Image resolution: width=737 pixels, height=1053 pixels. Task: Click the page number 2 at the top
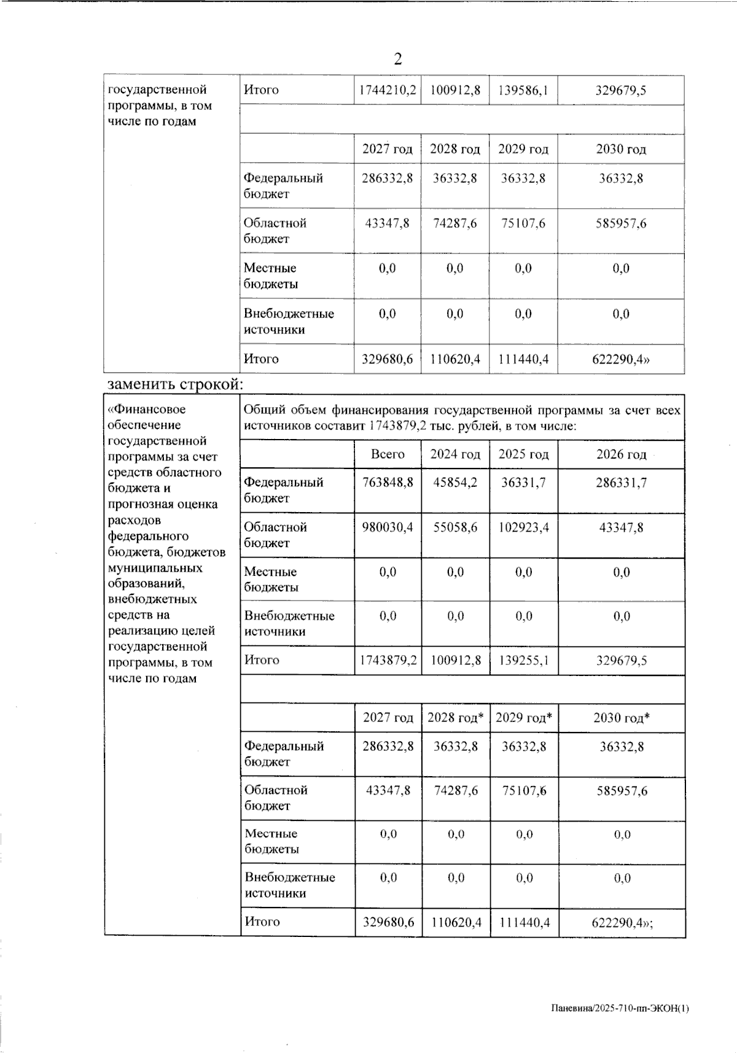tap(398, 59)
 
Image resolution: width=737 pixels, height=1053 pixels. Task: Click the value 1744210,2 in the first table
tap(387, 90)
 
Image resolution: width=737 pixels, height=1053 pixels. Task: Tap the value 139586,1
tap(523, 90)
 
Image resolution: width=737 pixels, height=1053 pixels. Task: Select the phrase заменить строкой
tap(175, 384)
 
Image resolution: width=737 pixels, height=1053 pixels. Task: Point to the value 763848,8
tap(388, 483)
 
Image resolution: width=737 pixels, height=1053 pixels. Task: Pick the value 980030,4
tap(388, 527)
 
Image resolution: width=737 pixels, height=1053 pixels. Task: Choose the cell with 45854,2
tap(455, 483)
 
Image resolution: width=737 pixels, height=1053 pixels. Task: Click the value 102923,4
tap(524, 527)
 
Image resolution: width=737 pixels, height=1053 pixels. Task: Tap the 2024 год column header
tap(455, 454)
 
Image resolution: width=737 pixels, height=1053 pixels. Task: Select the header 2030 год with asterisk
tap(622, 718)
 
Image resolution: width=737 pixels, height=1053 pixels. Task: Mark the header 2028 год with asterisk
tap(456, 718)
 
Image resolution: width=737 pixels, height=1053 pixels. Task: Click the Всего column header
tap(388, 454)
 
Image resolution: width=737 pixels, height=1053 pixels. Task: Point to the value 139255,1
tap(524, 661)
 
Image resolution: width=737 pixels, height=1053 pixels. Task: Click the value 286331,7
tap(621, 483)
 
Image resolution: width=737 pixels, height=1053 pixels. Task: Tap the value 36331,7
tap(523, 483)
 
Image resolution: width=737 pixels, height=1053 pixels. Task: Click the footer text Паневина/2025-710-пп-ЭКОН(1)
tap(619, 1008)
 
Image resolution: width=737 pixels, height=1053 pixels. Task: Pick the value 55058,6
tap(455, 527)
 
